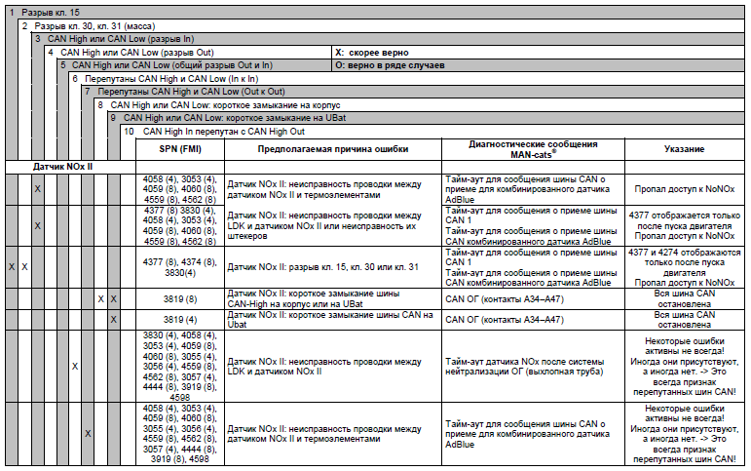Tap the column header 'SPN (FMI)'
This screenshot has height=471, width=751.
[180, 149]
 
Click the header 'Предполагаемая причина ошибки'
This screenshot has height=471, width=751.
[332, 149]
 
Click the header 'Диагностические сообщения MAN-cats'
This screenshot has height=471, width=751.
[532, 149]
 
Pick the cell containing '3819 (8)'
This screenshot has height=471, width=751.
[180, 297]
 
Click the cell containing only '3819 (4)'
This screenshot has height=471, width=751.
[180, 319]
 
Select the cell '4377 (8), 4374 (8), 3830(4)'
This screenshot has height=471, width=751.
[180, 268]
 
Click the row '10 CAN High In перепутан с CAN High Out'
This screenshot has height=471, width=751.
[223, 130]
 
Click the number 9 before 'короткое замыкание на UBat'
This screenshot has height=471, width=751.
[113, 116]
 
